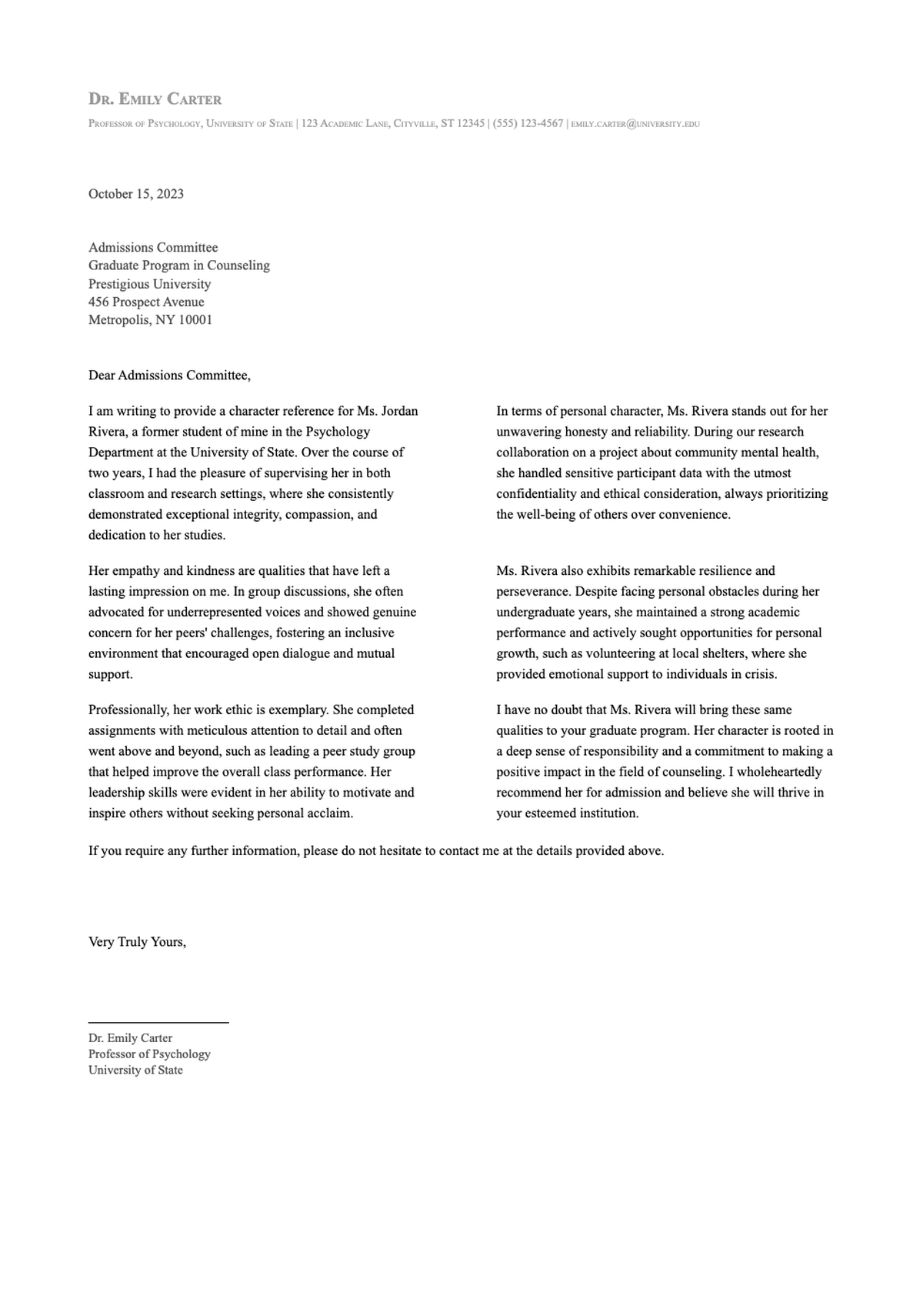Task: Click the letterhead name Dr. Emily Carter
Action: (155, 99)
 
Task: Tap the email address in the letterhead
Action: (635, 124)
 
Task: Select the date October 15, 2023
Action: (136, 194)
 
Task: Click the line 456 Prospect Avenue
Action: (146, 302)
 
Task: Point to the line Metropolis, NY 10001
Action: (150, 319)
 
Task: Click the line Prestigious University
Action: (149, 283)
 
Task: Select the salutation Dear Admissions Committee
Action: (169, 376)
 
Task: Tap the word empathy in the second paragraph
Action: (135, 571)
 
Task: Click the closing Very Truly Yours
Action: (137, 942)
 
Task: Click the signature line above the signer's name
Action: (158, 1022)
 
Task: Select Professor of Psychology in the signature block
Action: (149, 1054)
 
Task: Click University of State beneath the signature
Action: (135, 1071)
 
